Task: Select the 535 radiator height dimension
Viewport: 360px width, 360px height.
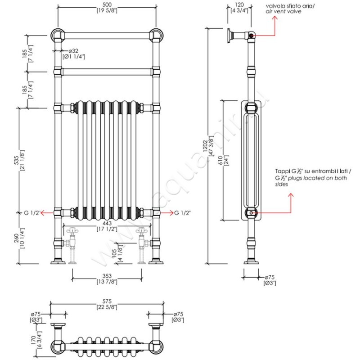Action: (16, 160)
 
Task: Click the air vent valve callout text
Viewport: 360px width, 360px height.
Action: (284, 8)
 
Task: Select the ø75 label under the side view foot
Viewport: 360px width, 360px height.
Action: (270, 279)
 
